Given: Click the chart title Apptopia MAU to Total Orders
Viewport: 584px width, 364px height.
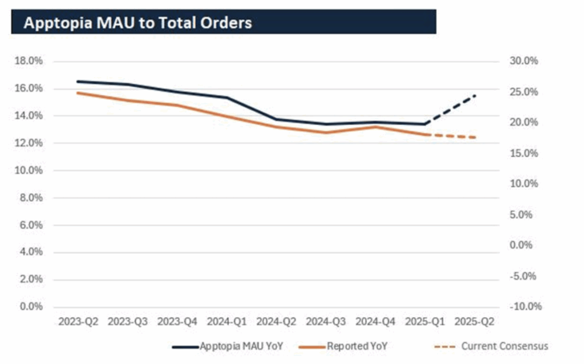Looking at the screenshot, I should (137, 23).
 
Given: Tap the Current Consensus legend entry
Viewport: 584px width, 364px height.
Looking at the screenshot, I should (504, 346).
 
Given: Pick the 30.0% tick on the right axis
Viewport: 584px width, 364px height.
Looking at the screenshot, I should (525, 61).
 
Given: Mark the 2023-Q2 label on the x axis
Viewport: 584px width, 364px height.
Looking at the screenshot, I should (78, 322).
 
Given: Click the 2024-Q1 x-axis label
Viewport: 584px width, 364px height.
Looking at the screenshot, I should (227, 322).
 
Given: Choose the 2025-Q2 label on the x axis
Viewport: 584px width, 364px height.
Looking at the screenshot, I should (475, 322).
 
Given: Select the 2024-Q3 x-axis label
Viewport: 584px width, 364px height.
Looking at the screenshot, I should (326, 322).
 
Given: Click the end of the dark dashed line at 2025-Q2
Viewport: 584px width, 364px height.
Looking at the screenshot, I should (475, 96).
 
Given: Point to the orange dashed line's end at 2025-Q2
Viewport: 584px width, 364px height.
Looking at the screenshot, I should (475, 137).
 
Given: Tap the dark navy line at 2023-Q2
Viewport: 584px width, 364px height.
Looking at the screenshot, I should (78, 82).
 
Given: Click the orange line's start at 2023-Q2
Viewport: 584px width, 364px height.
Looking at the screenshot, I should (78, 93).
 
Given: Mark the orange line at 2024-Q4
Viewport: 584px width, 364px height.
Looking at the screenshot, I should (376, 127).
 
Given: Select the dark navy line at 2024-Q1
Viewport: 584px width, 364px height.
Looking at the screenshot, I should (227, 98).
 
